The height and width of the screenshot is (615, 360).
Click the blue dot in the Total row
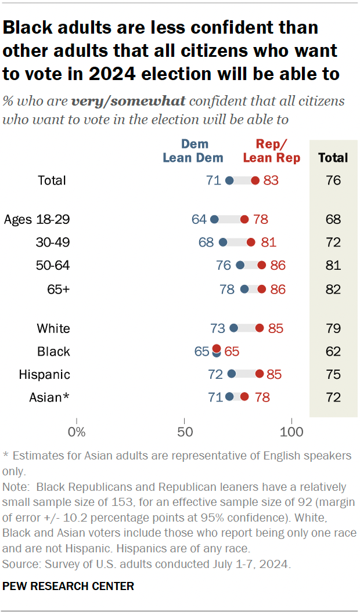point(229,180)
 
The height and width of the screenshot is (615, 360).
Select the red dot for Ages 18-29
point(244,219)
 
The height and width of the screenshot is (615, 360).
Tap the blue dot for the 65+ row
point(244,289)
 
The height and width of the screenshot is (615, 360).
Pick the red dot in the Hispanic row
point(260,374)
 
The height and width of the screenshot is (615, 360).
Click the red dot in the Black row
point(217,348)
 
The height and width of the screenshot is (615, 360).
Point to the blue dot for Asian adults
point(229,397)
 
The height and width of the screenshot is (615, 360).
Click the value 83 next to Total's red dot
point(271,180)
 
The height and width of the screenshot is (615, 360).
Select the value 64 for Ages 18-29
point(199,219)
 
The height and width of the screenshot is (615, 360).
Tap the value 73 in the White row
point(218,328)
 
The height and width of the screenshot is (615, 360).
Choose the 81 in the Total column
point(333,266)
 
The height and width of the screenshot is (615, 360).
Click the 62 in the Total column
point(333,352)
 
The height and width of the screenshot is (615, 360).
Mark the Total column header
point(333,157)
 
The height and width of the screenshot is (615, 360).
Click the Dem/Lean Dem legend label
point(193,151)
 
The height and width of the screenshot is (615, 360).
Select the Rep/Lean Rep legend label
point(271,151)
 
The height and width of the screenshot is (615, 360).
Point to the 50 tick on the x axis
point(185,432)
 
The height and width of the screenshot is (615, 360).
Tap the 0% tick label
point(77,432)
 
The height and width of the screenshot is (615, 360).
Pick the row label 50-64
point(53,266)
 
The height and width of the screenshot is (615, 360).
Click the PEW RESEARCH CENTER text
point(69,587)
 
